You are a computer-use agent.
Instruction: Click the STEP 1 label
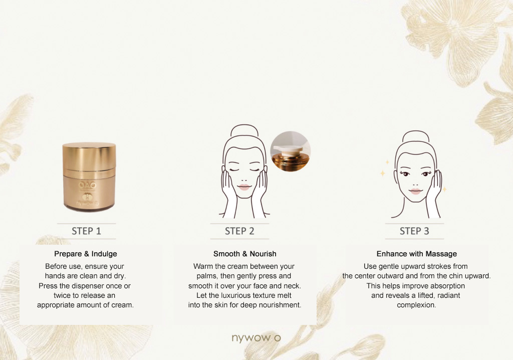point(86,231)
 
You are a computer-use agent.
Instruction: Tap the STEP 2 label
point(239,231)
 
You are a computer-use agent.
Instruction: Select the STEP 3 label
point(414,231)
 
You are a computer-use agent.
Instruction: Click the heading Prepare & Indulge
point(86,254)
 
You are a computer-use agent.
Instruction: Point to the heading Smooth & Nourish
point(244,254)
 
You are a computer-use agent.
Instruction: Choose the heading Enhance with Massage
point(417,254)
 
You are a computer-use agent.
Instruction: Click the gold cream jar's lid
point(89,156)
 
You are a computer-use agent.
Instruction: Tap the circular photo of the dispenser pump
point(290,151)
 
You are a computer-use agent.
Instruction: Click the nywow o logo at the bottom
point(256,338)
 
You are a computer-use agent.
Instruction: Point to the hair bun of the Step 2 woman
point(244,130)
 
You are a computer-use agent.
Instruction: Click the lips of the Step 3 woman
point(415,191)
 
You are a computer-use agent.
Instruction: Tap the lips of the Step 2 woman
point(244,188)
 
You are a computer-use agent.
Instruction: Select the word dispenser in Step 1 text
point(87,286)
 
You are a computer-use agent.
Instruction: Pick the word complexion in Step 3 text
point(416,305)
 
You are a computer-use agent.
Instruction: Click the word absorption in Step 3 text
point(448,286)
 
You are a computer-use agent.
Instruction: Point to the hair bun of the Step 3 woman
point(415,136)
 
